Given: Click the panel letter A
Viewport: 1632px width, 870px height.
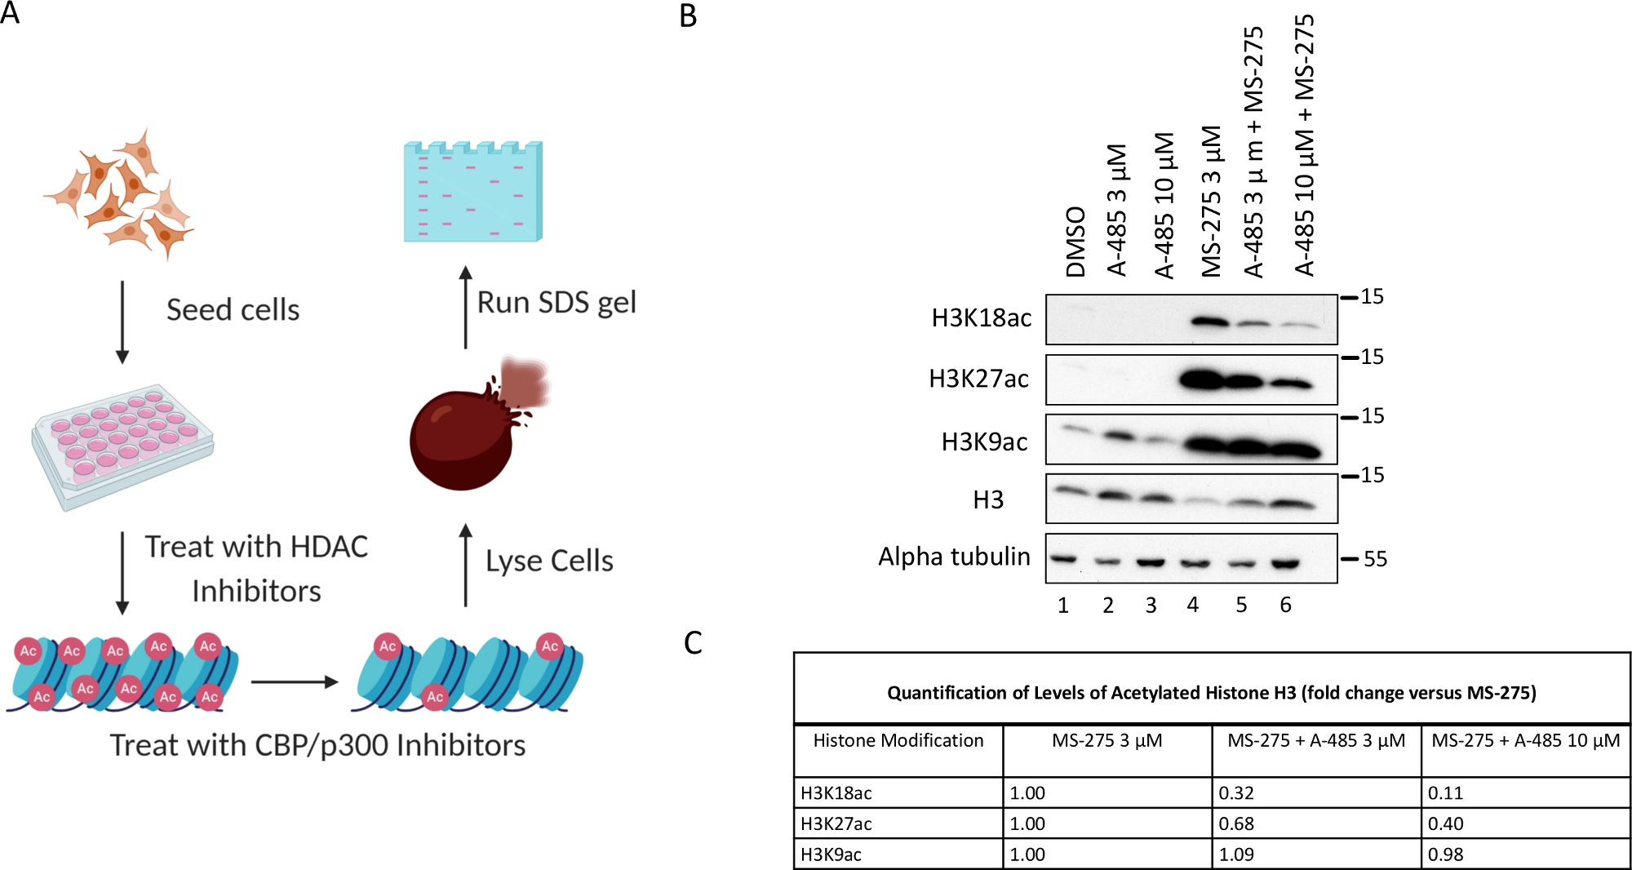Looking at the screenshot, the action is coord(10,13).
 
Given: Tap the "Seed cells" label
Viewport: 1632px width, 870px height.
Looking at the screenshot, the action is coord(233,310).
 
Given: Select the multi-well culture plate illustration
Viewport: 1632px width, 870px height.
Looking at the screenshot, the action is coord(122,445).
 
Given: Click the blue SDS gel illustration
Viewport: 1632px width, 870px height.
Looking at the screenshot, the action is coord(472,193).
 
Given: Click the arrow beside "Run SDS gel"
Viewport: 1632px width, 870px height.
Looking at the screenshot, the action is coord(465,307).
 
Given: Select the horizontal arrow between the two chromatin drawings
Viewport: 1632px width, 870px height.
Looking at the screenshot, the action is coord(294,681).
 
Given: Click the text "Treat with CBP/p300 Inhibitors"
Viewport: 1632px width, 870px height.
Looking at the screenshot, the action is coord(317,745).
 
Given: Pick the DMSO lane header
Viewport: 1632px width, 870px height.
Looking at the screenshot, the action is coord(1075,242).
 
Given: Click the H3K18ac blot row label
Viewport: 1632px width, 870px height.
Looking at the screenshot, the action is coord(981,317).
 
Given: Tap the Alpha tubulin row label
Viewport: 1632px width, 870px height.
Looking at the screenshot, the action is coord(954,557).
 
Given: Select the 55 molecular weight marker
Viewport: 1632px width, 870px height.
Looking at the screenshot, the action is coord(1375,559).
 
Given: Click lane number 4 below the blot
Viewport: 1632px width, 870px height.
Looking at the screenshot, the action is coord(1193,605).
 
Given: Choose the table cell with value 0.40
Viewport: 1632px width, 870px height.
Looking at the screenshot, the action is coord(1445,823).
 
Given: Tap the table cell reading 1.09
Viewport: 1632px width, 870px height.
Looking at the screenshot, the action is coord(1236,854).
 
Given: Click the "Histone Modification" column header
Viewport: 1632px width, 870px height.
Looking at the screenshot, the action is coord(898,740).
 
